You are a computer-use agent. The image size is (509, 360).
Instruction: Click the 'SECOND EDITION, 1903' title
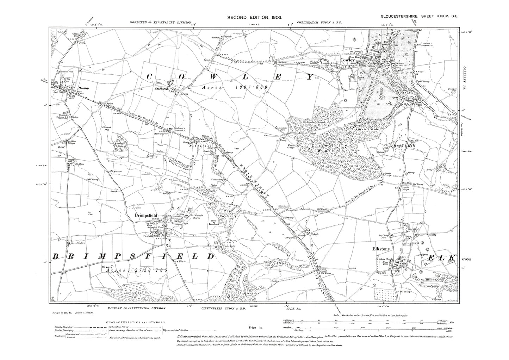tap(254, 17)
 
